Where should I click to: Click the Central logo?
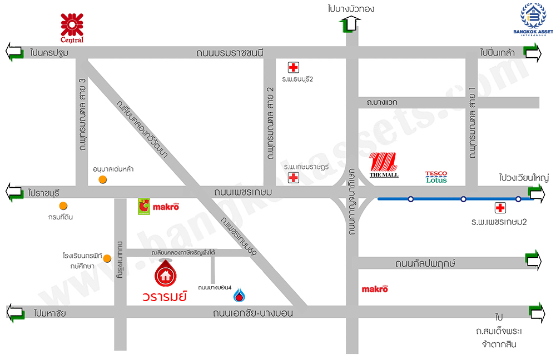(72, 28)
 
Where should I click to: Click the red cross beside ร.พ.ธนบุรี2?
(292, 68)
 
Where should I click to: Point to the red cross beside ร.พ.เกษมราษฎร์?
(292, 178)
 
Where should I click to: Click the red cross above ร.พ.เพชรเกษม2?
(500, 208)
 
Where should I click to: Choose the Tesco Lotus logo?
(436, 177)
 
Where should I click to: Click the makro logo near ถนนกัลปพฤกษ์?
(375, 289)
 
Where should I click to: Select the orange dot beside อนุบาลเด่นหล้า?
(102, 179)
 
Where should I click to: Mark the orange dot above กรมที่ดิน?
(64, 206)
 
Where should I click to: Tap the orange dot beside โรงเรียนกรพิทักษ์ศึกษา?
(108, 258)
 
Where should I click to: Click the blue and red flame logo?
(239, 295)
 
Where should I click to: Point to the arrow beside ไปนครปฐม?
(14, 52)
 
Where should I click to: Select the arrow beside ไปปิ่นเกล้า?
(533, 52)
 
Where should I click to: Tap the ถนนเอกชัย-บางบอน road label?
(252, 313)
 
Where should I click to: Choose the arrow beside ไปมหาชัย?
(15, 313)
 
